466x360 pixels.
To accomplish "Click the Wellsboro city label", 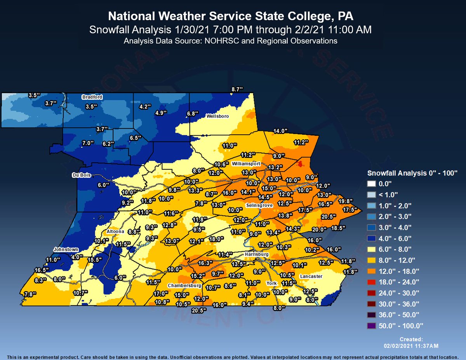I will pyautogui.click(x=217, y=116).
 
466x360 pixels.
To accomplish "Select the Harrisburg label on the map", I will pyautogui.click(x=257, y=254).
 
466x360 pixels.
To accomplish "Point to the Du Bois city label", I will pyautogui.click(x=81, y=175).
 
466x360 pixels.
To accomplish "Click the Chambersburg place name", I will pyautogui.click(x=184, y=286).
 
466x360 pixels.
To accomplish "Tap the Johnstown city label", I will pyautogui.click(x=66, y=249).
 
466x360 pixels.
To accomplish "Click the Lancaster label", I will pyautogui.click(x=311, y=276).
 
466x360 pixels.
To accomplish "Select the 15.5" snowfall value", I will pyautogui.click(x=94, y=259).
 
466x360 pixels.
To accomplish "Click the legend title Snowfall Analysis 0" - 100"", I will pyautogui.click(x=412, y=172).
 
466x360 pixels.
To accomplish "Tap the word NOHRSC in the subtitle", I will pyautogui.click(x=209, y=40).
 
